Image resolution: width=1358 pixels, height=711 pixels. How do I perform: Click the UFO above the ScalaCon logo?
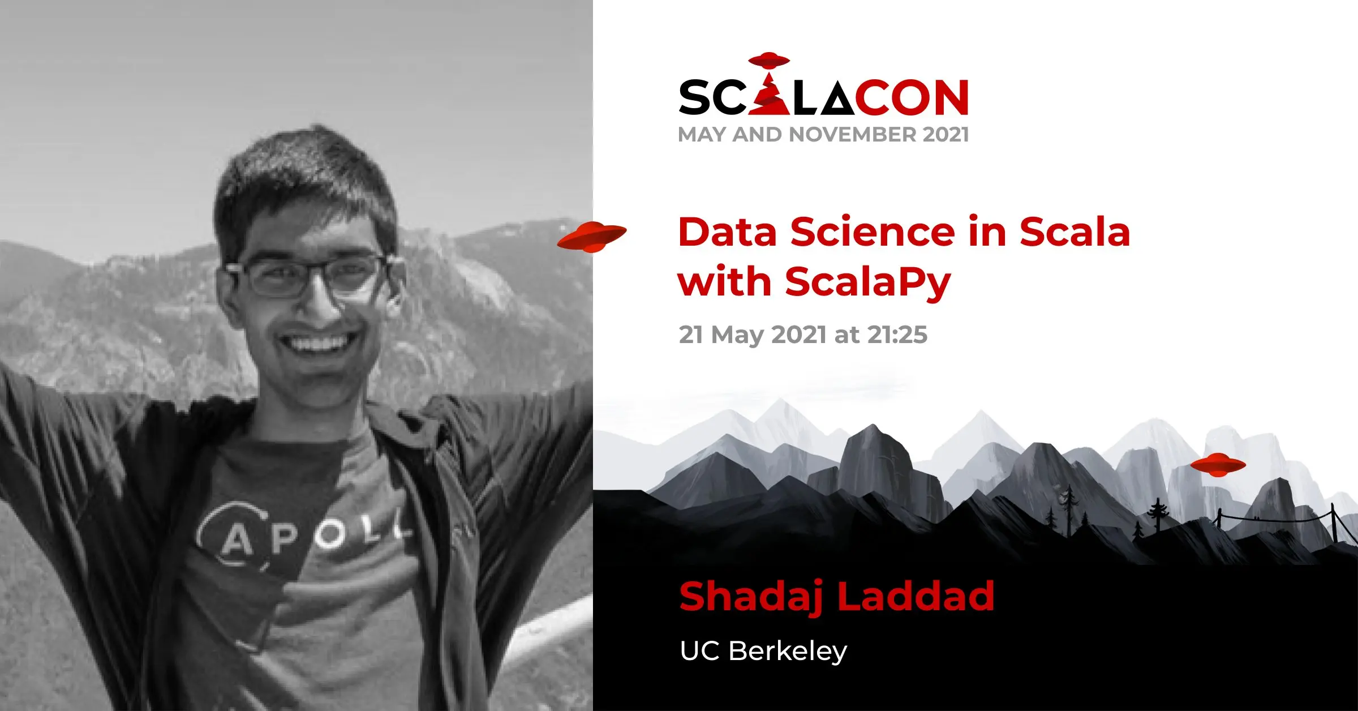(x=768, y=59)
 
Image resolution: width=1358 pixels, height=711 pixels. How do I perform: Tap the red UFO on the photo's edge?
(x=592, y=237)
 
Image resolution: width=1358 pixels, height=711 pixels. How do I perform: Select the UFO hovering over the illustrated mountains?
(x=1218, y=464)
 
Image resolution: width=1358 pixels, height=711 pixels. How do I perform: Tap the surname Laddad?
(x=916, y=596)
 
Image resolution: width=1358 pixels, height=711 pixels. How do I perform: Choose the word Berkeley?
(x=788, y=652)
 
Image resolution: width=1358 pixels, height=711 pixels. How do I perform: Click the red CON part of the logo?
(x=912, y=97)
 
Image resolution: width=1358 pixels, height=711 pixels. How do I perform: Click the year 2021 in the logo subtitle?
(x=946, y=135)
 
